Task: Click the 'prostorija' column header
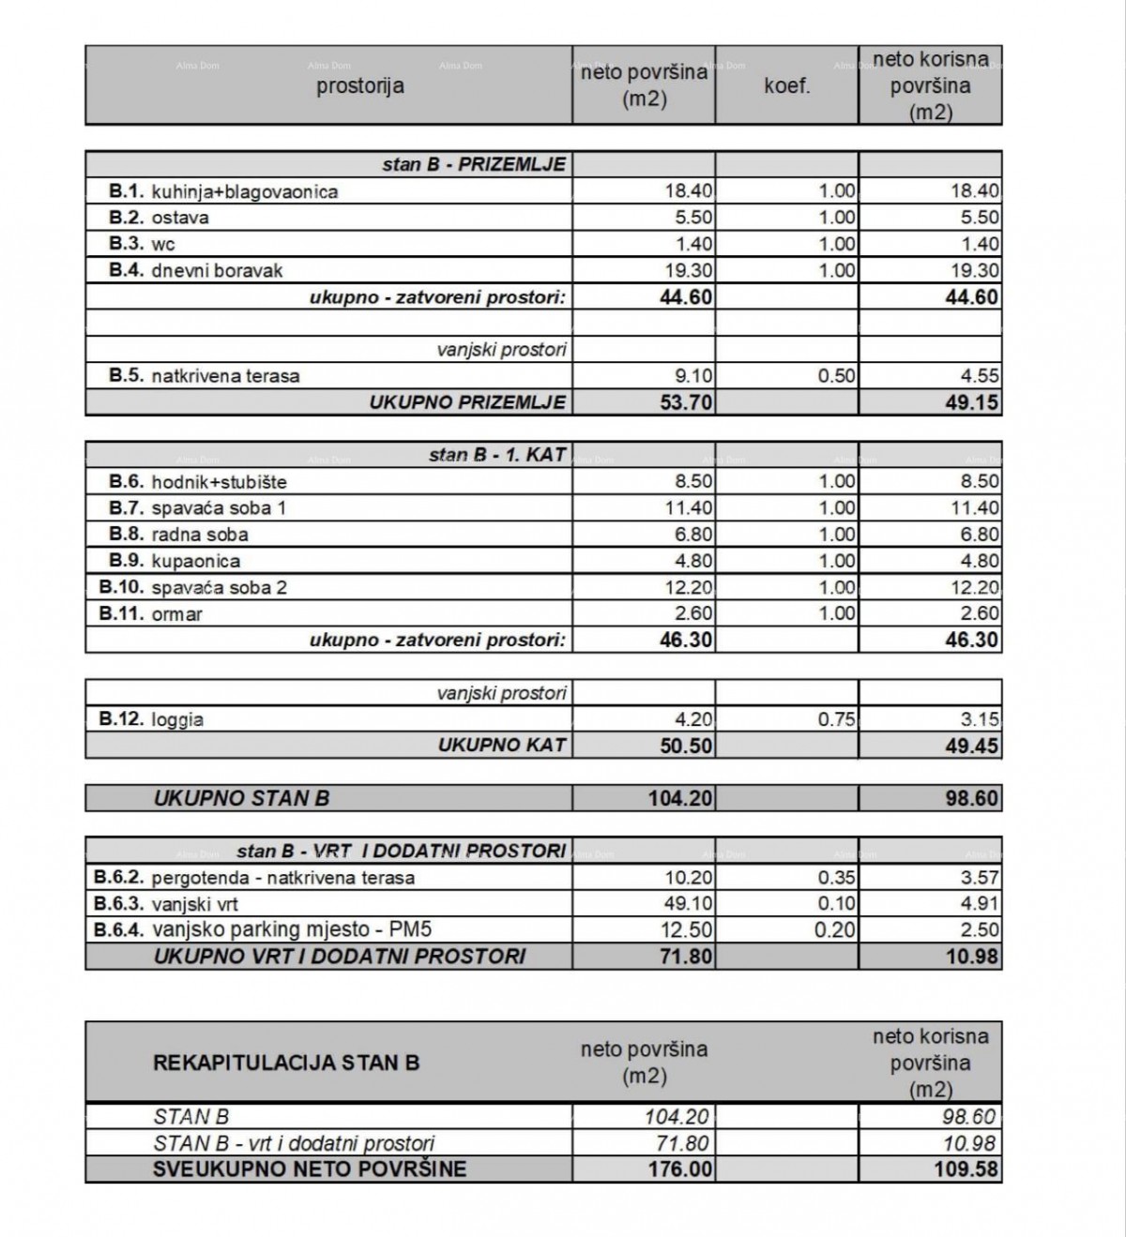(x=360, y=86)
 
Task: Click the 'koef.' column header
(x=786, y=86)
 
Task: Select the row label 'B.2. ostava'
(x=159, y=218)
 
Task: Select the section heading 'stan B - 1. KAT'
(x=497, y=455)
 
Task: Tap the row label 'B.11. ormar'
(x=150, y=614)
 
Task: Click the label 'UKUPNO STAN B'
(x=241, y=799)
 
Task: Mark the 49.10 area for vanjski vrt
(x=690, y=904)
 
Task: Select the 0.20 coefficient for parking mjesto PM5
(x=837, y=930)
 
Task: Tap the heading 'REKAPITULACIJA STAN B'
(x=286, y=1063)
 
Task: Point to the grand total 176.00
(x=681, y=1169)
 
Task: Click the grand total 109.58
(x=968, y=1169)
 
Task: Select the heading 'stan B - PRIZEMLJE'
(x=474, y=164)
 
